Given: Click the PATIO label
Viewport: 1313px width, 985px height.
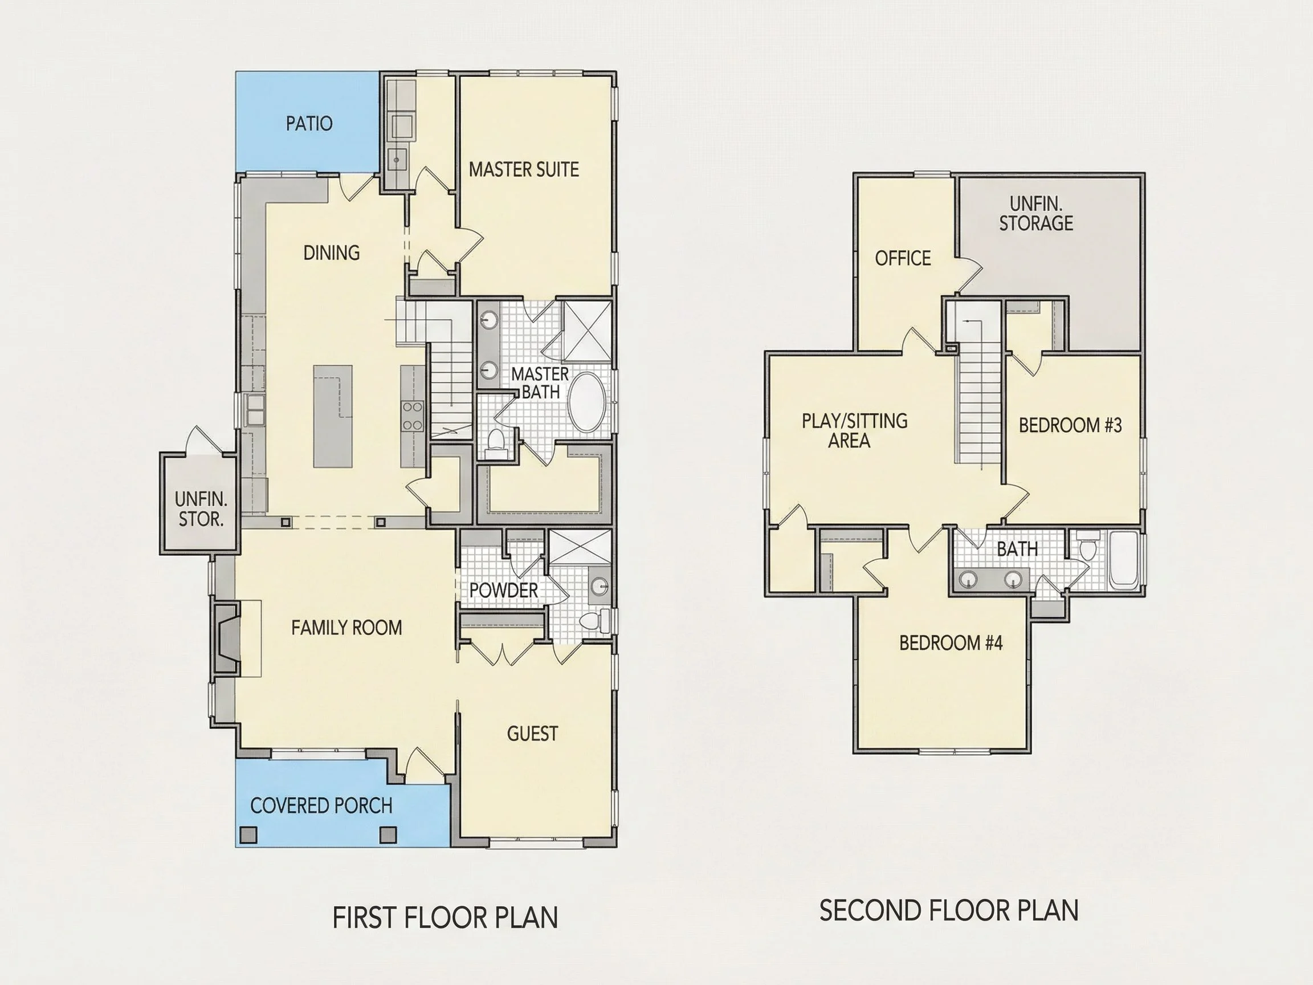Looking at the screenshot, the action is [x=309, y=124].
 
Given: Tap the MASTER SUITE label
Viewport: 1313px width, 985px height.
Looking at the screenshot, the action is [x=524, y=170].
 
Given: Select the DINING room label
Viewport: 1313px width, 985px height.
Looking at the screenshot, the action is [x=331, y=253].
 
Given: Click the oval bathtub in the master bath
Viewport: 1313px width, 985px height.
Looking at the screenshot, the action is [x=587, y=402].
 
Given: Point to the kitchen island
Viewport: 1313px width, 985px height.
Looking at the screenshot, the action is [x=333, y=416].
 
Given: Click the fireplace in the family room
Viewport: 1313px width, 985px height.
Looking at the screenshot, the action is [x=226, y=638].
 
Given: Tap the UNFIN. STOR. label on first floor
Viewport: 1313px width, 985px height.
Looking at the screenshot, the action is [x=201, y=509].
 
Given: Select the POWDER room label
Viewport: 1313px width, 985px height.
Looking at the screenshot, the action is [x=503, y=590].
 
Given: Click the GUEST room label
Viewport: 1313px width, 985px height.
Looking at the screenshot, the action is [x=532, y=734].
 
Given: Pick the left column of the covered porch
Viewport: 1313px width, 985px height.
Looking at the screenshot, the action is [x=248, y=834].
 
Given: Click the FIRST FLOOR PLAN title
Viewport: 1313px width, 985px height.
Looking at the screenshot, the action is [x=445, y=917].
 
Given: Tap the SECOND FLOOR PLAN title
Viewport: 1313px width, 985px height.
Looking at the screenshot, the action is [x=948, y=910].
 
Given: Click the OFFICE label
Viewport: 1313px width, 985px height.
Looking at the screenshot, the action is [x=903, y=258].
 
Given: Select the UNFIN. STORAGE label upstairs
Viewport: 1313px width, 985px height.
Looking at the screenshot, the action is [x=1036, y=213].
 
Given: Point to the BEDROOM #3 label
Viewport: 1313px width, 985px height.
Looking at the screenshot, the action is [x=1070, y=425].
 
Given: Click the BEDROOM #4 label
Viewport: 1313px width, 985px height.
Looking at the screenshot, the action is [x=951, y=642].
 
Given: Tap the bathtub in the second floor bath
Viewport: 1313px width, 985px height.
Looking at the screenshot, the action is [x=1124, y=560].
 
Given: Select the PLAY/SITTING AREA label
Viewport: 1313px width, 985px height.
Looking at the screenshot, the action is [x=854, y=430].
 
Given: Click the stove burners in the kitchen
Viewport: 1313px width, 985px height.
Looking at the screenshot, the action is [x=413, y=416].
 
